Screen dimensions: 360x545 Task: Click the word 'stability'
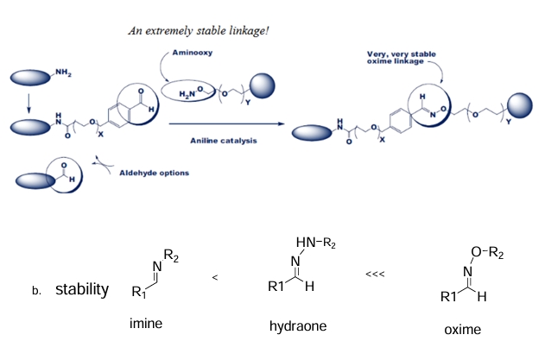(82, 288)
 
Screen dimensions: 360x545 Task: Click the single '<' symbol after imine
(214, 278)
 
